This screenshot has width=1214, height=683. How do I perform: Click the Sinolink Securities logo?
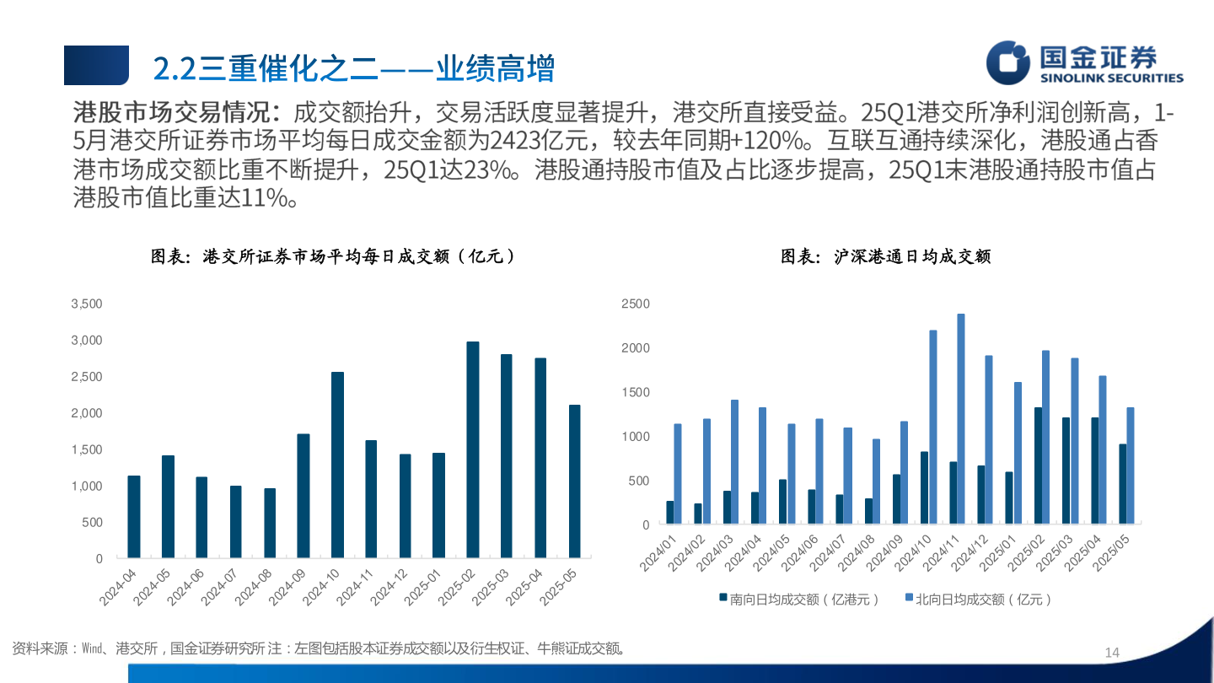[1085, 64]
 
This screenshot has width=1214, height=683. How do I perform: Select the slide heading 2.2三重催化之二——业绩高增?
[353, 67]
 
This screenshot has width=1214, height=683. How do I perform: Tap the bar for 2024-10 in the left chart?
[337, 465]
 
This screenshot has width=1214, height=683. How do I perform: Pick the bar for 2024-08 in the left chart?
[270, 523]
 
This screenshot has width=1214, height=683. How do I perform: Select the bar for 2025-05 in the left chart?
[574, 481]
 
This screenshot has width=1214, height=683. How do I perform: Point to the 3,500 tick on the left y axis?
[87, 304]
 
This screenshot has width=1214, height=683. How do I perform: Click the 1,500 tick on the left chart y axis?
[87, 449]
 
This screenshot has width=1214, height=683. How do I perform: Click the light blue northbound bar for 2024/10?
[932, 428]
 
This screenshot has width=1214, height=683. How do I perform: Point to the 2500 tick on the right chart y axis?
[636, 304]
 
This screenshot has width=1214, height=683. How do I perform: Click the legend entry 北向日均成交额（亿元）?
[978, 600]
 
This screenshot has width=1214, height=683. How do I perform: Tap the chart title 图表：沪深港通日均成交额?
[885, 256]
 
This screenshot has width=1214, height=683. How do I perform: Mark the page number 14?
[1111, 653]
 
